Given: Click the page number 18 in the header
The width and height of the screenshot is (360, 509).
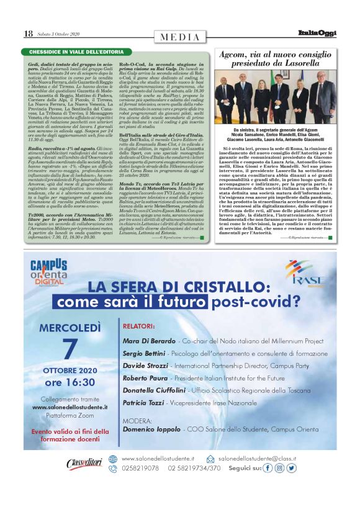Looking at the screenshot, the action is point(28,34).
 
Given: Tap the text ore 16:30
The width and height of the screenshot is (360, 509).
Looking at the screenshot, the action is point(70,382).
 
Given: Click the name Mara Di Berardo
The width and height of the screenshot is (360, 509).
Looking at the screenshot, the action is point(148,341).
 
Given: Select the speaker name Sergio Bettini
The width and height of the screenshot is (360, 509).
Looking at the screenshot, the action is point(143,353).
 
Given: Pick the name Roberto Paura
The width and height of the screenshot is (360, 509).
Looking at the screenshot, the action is point(145,377).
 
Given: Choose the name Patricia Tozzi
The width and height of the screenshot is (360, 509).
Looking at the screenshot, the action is point(143,403).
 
